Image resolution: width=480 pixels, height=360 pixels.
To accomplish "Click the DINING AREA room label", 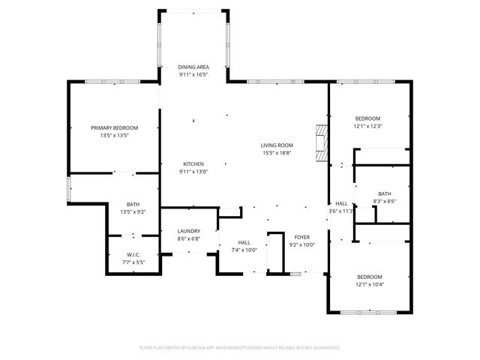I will point(193,67).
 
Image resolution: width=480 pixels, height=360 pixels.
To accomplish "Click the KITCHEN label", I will point(193,164).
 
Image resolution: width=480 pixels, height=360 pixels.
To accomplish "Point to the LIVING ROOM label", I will point(277,145).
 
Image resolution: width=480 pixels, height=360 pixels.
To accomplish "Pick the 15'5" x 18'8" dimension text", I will point(277,153).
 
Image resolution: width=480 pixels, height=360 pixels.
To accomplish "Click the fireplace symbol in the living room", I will point(322,142).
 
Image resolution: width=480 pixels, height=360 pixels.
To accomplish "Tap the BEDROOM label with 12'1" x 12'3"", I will point(367,118).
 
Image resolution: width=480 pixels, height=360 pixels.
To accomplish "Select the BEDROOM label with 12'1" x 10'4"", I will point(369,277).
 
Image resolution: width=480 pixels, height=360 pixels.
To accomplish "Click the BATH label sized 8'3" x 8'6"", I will point(385,193).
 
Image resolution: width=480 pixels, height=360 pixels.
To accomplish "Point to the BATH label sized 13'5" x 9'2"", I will point(133,205).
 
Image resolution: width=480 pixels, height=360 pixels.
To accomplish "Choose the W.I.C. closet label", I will point(133,255).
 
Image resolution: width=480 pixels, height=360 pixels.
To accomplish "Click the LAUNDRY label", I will point(188,231).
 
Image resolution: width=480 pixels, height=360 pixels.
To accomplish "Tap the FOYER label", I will point(302,237).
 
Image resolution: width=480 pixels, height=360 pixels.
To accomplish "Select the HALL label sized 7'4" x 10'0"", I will point(244,242).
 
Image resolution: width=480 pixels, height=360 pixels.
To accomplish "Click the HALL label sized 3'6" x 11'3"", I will point(341,204).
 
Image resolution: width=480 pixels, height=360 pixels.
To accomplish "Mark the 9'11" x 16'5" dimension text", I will point(193,75).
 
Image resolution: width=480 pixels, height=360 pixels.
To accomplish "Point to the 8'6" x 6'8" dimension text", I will point(188,238).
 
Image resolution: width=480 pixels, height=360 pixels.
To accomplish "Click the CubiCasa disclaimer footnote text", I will point(240,348).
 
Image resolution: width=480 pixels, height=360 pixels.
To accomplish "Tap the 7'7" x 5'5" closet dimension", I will point(133,262).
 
